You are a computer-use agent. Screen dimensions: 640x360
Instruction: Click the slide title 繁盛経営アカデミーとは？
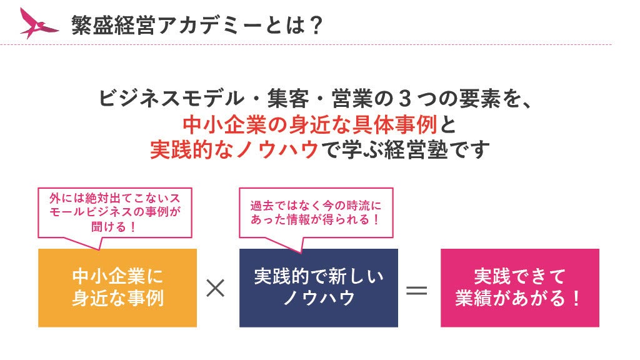point(197,25)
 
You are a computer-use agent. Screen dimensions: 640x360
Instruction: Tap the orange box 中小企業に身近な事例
point(117,287)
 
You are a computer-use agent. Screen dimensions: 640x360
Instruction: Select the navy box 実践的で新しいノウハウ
point(318,287)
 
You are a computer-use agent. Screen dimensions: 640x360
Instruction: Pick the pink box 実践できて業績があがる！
point(519,287)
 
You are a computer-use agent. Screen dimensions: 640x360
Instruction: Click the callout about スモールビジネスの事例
point(115,211)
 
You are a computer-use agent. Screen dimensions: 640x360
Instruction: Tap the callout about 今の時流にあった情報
point(316,212)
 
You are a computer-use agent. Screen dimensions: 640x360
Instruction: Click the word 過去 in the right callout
point(262,205)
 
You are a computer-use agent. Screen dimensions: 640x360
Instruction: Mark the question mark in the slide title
point(316,25)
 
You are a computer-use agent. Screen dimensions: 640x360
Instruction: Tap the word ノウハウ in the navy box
point(318,298)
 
